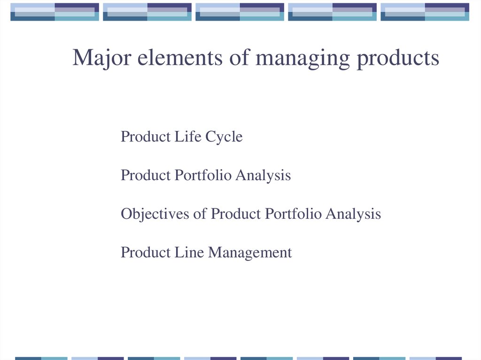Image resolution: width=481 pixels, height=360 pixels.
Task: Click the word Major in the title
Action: click(x=102, y=58)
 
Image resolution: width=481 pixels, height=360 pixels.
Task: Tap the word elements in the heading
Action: click(x=180, y=57)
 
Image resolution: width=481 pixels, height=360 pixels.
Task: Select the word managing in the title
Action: click(x=303, y=59)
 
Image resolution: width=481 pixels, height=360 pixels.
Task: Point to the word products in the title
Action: click(x=398, y=59)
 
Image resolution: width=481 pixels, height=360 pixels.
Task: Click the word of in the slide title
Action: click(x=239, y=57)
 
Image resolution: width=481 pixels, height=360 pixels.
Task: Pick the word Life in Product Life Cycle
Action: click(x=188, y=137)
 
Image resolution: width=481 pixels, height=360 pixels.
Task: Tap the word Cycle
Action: click(x=224, y=137)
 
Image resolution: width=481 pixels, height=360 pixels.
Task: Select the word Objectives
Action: click(x=155, y=214)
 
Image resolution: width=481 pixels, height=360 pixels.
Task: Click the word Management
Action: click(x=250, y=253)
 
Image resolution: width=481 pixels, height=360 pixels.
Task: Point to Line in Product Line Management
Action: click(x=189, y=253)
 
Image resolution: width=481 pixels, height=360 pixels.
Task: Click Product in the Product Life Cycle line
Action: click(x=146, y=137)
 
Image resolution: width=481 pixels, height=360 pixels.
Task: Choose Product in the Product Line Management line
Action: click(x=146, y=253)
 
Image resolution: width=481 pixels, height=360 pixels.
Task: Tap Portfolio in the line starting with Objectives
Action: click(x=293, y=214)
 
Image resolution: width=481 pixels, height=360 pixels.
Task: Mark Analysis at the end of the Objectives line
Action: click(x=353, y=214)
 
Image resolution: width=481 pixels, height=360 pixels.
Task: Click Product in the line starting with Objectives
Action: click(x=236, y=214)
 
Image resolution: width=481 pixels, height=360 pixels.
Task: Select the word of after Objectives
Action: click(x=200, y=214)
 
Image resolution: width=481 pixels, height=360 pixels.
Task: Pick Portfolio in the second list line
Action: click(x=203, y=175)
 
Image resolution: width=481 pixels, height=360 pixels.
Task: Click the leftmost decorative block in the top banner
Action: click(x=54, y=12)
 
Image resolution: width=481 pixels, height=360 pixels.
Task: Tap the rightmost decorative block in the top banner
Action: click(x=425, y=12)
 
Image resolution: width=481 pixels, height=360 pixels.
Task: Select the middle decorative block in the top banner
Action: click(x=240, y=12)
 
